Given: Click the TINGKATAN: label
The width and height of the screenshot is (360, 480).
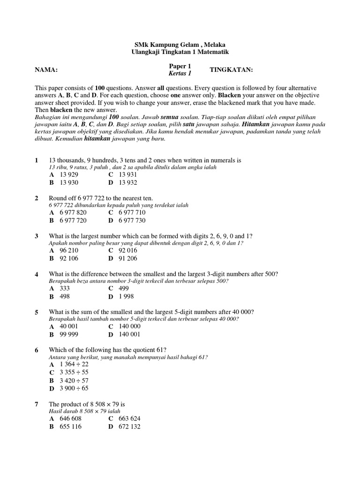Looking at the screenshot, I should click(231, 70).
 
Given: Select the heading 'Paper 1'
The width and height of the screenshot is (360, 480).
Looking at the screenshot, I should click(180, 66).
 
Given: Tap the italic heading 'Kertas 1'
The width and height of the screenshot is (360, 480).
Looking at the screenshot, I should click(180, 73).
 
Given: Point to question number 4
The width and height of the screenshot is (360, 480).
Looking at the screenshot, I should click(37, 274).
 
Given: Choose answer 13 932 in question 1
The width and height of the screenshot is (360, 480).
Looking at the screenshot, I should click(128, 183).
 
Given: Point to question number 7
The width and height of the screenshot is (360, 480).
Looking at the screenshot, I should click(37, 404).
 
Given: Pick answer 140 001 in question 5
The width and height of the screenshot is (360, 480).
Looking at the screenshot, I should click(130, 334).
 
